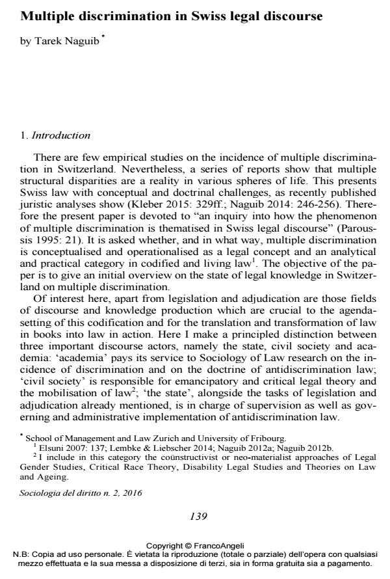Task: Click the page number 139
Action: [197, 517]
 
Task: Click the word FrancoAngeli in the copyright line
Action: [217, 546]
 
